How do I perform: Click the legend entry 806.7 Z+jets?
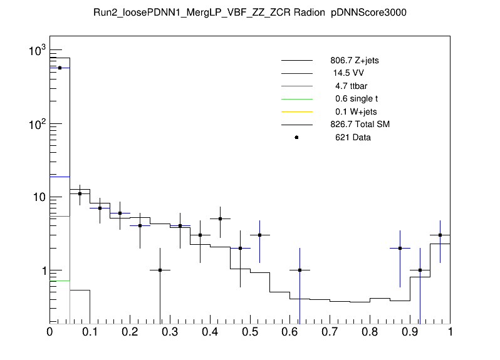(x=354, y=61)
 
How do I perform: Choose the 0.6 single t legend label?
(x=356, y=99)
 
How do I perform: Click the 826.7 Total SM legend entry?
(x=360, y=125)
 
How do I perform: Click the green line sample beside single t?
(x=296, y=99)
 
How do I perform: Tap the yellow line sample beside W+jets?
(x=296, y=111)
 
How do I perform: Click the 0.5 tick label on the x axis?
(x=250, y=332)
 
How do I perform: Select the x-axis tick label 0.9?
(x=410, y=332)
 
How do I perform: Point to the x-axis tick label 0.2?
(x=130, y=332)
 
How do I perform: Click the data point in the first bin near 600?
(x=60, y=68)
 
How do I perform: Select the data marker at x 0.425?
(x=220, y=219)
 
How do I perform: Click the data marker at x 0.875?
(x=400, y=248)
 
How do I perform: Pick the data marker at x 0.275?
(x=160, y=270)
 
